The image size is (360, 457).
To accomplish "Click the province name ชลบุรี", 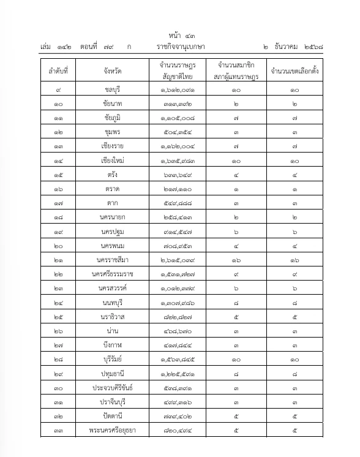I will tap(112, 91).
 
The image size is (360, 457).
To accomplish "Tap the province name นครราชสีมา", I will tap(112, 260).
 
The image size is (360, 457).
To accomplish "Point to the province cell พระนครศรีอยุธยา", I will tap(112, 430).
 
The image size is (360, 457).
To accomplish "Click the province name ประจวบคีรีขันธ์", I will tap(112, 387).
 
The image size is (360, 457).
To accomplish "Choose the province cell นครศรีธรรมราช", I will tap(112, 274).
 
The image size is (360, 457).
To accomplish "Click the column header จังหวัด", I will tap(112, 70).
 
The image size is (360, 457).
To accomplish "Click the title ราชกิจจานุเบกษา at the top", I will tap(181, 47).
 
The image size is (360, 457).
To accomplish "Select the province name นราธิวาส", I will tap(112, 317).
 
